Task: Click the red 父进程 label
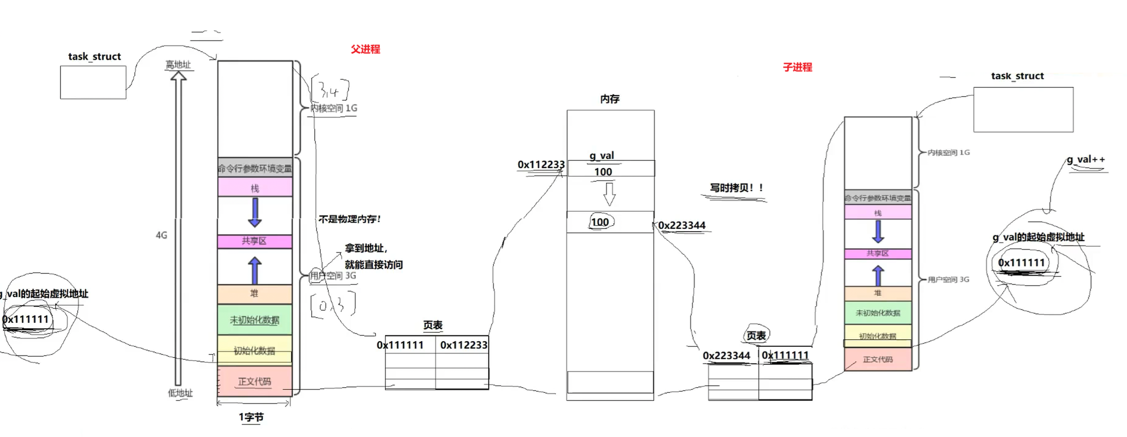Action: click(x=365, y=49)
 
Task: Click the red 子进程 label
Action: click(x=797, y=67)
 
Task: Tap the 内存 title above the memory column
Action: click(x=609, y=99)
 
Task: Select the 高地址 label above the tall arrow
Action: click(x=178, y=65)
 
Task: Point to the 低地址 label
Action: click(x=180, y=393)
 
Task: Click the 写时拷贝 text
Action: click(x=736, y=188)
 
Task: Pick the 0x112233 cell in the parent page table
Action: click(x=463, y=345)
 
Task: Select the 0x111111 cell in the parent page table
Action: click(x=400, y=345)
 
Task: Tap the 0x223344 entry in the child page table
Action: click(x=726, y=355)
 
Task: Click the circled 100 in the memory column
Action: click(x=600, y=222)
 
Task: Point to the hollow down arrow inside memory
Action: click(x=609, y=194)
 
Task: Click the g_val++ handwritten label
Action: click(x=1086, y=160)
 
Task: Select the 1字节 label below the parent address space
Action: click(x=251, y=417)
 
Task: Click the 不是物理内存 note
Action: click(x=350, y=219)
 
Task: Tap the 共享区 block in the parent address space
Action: click(x=254, y=241)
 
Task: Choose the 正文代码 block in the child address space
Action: click(x=877, y=359)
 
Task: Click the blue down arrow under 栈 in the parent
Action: click(x=255, y=212)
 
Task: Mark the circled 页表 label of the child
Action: click(x=756, y=336)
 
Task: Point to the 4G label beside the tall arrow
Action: click(x=161, y=235)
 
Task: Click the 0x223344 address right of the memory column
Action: click(x=682, y=226)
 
